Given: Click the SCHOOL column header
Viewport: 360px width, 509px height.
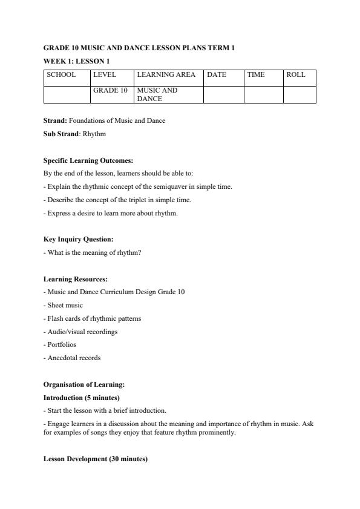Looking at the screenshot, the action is click(62, 75).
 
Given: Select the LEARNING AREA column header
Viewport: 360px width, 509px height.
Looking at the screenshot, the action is click(166, 75).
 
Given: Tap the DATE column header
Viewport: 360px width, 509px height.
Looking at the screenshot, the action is click(217, 75).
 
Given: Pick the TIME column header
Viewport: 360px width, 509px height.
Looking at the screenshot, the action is click(256, 75).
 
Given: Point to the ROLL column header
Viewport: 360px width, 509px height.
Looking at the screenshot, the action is click(296, 75).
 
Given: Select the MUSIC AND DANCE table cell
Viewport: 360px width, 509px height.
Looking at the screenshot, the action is click(157, 94).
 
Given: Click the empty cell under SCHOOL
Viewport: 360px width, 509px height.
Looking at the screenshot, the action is click(67, 94).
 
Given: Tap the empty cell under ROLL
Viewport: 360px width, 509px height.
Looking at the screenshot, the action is click(299, 94).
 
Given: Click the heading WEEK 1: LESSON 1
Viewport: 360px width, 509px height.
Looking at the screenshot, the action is click(76, 61).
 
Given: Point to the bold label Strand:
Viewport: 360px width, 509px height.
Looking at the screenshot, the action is click(55, 120).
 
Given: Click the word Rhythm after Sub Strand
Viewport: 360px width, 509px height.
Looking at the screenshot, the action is click(94, 134).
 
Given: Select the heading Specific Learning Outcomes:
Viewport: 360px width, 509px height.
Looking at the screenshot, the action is click(88, 160).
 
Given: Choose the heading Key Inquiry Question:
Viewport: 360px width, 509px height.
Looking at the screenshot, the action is click(79, 239).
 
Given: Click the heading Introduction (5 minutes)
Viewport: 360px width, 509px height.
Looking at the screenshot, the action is click(82, 398).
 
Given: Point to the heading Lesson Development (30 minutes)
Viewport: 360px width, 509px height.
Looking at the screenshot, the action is click(96, 459).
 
